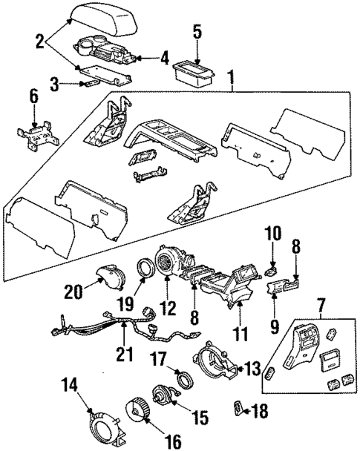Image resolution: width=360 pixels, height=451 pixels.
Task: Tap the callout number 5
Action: pos(197,31)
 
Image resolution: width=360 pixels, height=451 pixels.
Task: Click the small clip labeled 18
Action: pos(238,406)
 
